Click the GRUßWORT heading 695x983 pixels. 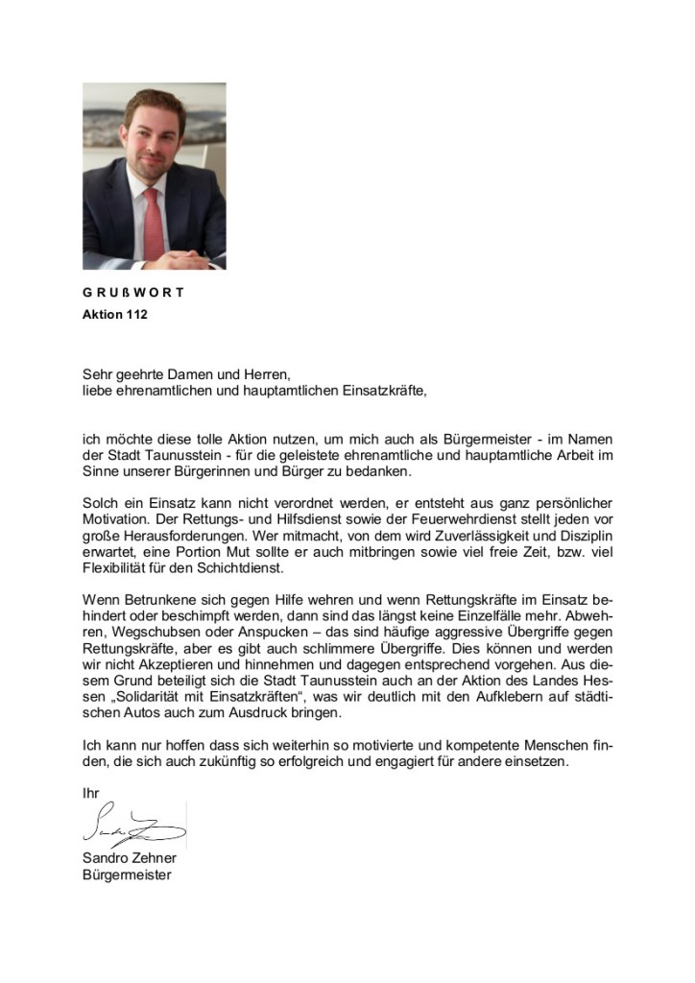pos(132,293)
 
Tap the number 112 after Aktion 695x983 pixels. pos(136,315)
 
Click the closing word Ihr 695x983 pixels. pos(90,794)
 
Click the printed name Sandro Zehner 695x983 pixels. pos(129,858)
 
